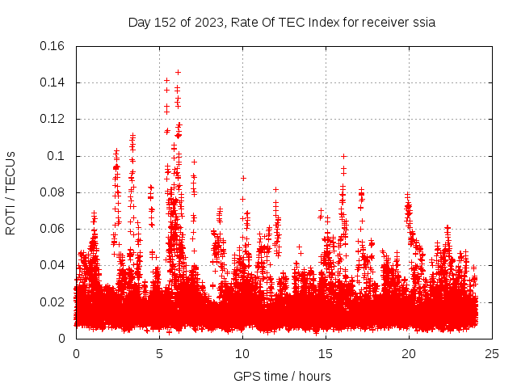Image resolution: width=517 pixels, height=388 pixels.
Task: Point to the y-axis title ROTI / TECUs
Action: tap(11, 192)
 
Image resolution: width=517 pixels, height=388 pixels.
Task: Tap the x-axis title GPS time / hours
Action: tap(282, 376)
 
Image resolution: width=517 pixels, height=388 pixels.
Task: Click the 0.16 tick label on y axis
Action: tap(53, 46)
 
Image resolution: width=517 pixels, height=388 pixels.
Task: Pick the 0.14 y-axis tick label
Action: tap(53, 82)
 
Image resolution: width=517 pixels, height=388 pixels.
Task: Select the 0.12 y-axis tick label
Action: tap(53, 119)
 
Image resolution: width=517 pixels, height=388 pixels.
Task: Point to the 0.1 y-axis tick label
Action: tap(58, 156)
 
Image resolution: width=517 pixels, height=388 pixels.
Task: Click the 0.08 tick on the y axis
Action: tap(53, 192)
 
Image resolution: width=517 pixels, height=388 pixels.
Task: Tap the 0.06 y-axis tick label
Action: tap(53, 229)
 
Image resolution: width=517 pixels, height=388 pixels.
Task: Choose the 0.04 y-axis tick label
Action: tap(53, 265)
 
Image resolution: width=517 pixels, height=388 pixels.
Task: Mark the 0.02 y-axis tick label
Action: tap(53, 302)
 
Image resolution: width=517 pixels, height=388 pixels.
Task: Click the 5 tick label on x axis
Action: tap(159, 354)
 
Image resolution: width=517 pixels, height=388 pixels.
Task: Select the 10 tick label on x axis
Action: tap(242, 354)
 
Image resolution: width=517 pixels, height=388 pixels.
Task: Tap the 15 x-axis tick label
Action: tap(326, 354)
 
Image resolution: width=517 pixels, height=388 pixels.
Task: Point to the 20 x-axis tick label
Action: tap(409, 354)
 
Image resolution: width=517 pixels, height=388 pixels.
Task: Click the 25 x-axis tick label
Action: tap(492, 354)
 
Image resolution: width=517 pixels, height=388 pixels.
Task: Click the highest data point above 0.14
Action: tap(178, 72)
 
